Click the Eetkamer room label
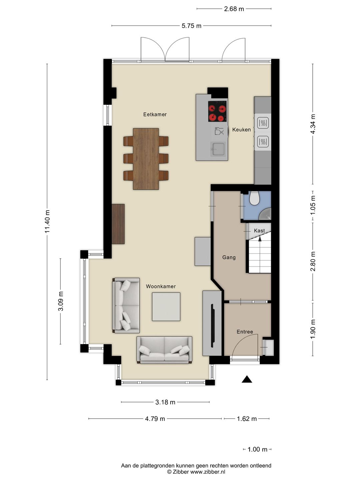pos(155,114)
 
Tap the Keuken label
pos(241,130)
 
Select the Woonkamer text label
pos(161,286)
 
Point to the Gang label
pos(229,257)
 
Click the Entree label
pos(245,332)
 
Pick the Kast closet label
pos(259,230)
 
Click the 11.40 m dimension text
pos(48,221)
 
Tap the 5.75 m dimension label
pos(191,26)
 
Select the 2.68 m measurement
pos(234,9)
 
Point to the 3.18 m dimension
pos(165,402)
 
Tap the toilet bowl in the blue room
pos(254,198)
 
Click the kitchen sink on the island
pos(218,149)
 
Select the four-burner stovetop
pos(217,111)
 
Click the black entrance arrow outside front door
pos(247,379)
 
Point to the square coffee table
pos(166,307)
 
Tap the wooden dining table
pos(146,159)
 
